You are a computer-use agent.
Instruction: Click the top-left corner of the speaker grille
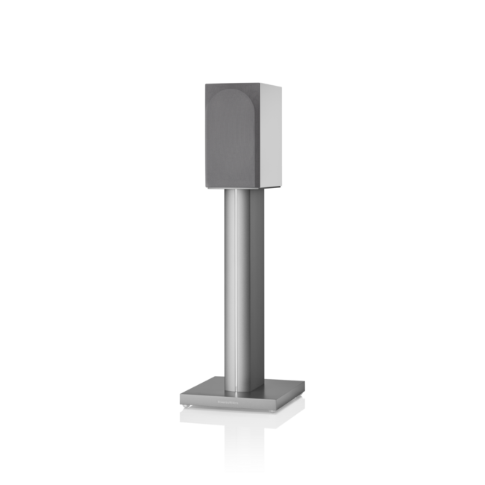tap(206, 83)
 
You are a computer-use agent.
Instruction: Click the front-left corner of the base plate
tap(180, 399)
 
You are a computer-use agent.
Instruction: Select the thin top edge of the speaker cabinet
tap(239, 82)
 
